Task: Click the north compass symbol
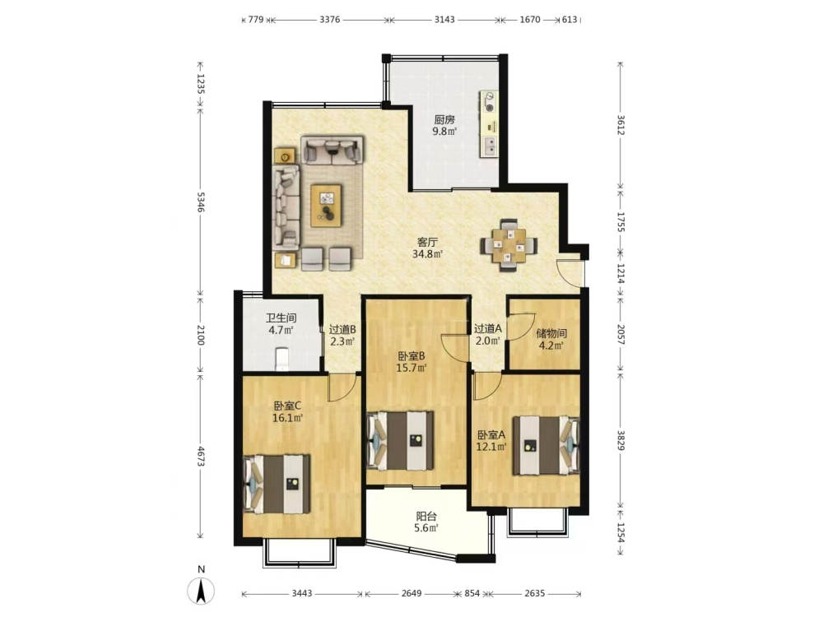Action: [201, 591]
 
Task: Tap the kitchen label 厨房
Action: [444, 119]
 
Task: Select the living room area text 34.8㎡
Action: [428, 255]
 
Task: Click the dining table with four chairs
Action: [509, 245]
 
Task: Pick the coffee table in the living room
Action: [326, 206]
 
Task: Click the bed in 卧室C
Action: [277, 484]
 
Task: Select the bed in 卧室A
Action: [546, 445]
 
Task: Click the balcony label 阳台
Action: [426, 517]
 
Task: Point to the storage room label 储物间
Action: [551, 333]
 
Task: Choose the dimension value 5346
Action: [200, 202]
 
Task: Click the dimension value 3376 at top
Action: [330, 20]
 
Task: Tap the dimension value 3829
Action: [621, 441]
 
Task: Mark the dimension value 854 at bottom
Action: [472, 593]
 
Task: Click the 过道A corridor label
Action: [488, 328]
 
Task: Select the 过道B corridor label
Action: [342, 330]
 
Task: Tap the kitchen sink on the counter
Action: [489, 146]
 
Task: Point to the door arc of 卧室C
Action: [342, 389]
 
